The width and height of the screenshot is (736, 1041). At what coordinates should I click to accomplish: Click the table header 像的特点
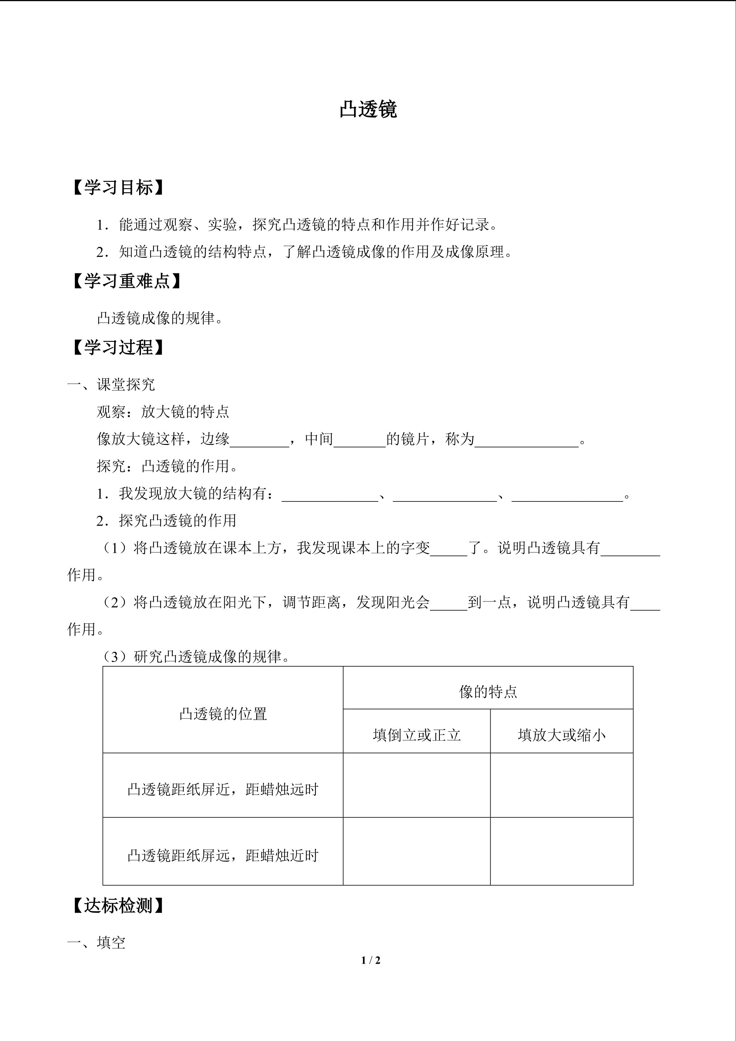(488, 692)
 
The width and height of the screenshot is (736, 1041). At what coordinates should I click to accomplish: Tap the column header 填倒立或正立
(416, 735)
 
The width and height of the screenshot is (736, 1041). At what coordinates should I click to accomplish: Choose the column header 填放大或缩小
(562, 735)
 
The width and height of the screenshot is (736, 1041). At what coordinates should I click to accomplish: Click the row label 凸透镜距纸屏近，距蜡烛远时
(223, 789)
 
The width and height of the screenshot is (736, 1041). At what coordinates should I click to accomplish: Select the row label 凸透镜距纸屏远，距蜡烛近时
(223, 855)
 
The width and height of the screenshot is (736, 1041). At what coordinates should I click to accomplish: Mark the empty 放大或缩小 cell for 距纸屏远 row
(562, 855)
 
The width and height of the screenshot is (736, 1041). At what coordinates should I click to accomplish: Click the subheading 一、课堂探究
(111, 385)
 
